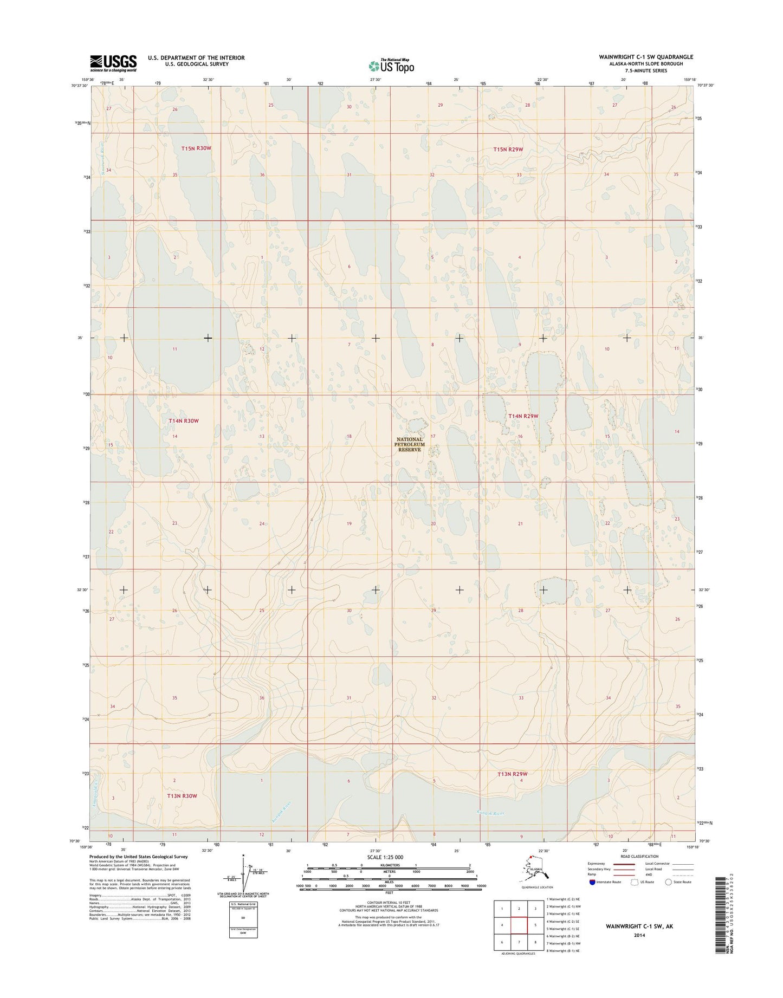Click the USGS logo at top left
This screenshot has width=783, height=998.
pos(113,63)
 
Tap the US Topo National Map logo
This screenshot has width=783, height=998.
pos(391,66)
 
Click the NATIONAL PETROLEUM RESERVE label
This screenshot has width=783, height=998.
pos(410,444)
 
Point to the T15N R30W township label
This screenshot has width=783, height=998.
pos(196,148)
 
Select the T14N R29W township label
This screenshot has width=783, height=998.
pos(523,416)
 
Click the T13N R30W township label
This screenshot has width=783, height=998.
pos(182,796)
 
